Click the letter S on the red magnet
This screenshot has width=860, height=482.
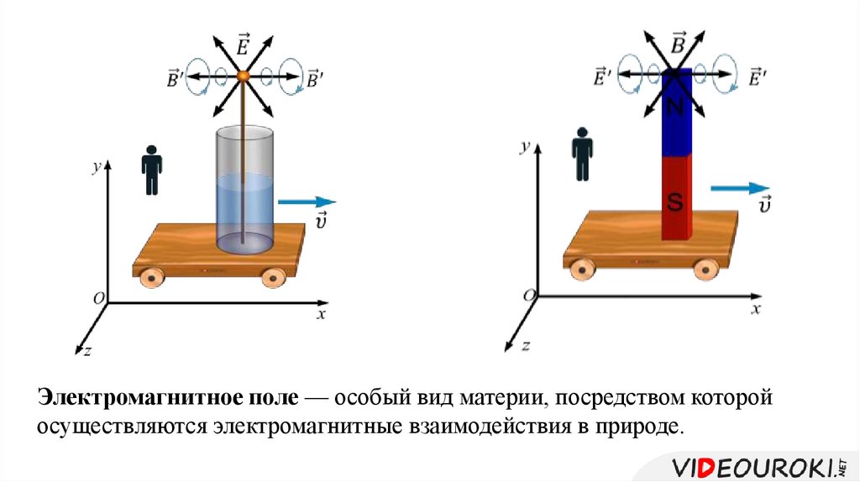pos(676,201)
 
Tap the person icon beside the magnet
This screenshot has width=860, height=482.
pos(582,155)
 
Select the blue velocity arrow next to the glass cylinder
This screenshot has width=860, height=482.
pos(307,202)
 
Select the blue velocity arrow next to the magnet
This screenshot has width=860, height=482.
pos(739,188)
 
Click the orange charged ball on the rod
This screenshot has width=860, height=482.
pos(244,76)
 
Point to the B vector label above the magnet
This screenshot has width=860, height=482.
pos(677,42)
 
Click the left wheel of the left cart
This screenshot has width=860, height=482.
pos(153,276)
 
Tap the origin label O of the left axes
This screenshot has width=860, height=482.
pos(99,299)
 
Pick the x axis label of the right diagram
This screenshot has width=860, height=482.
pos(756,309)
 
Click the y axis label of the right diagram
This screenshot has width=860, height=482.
pos(525,147)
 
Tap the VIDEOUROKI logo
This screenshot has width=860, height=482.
pos(752,465)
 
